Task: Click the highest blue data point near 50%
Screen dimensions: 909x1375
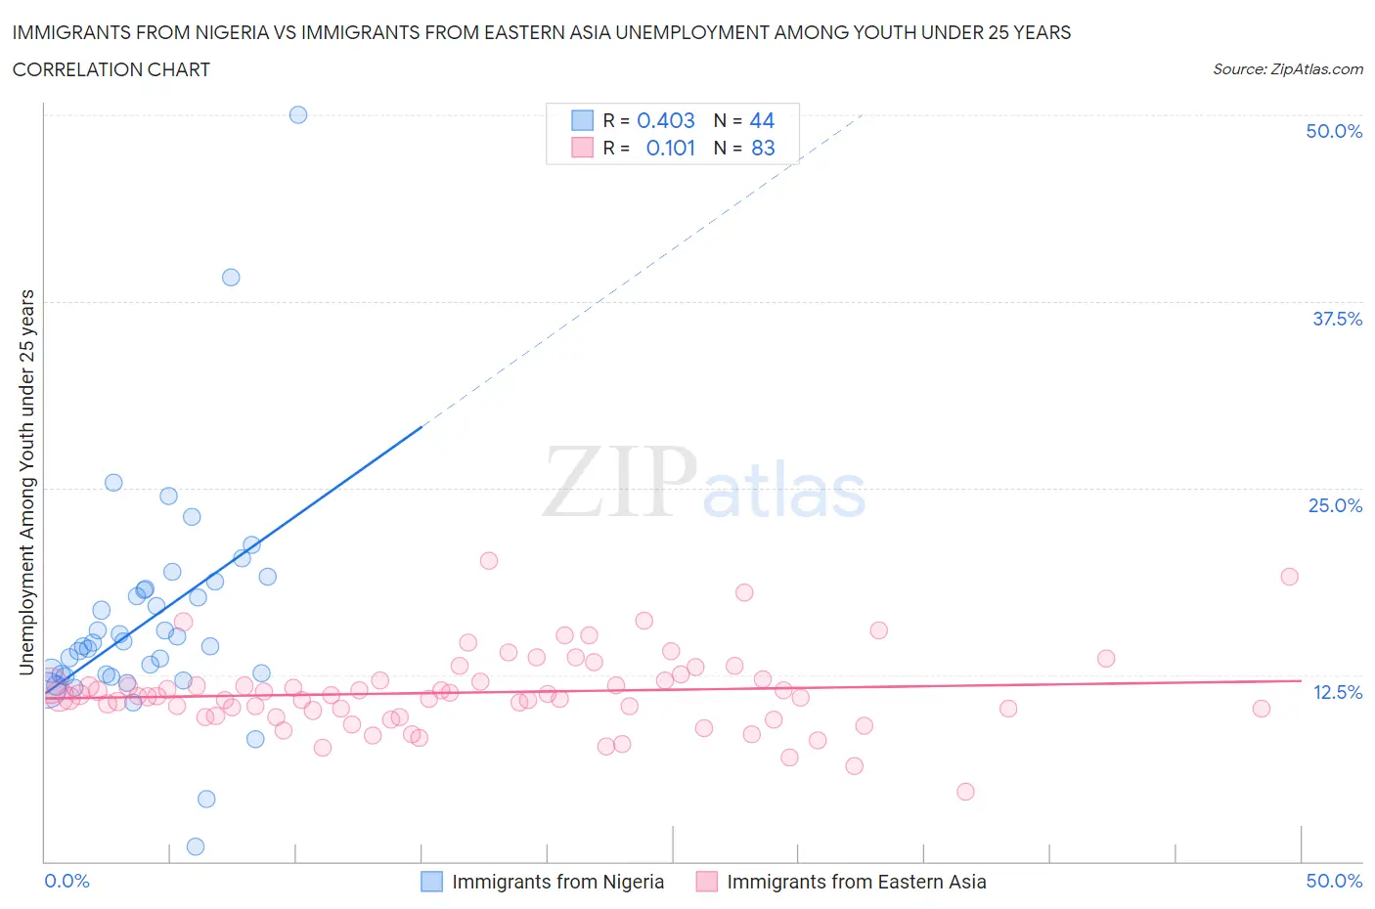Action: click(x=298, y=114)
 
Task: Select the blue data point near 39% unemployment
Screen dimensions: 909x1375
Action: click(x=231, y=278)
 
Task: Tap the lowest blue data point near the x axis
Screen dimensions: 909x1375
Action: click(x=196, y=846)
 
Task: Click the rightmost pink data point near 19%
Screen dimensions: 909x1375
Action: click(x=1289, y=577)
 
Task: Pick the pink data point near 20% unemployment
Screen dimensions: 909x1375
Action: click(x=489, y=561)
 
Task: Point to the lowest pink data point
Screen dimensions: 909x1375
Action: click(x=965, y=792)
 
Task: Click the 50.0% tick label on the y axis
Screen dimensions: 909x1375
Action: click(x=1334, y=131)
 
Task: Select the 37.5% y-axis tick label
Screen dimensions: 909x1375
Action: click(x=1337, y=319)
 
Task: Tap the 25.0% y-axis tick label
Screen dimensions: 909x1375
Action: click(x=1335, y=505)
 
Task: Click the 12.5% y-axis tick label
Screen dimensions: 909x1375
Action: click(x=1337, y=692)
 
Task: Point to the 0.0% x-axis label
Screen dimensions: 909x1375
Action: click(x=67, y=881)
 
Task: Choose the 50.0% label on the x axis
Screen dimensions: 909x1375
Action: click(x=1334, y=881)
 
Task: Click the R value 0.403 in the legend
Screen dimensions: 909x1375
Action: click(x=665, y=120)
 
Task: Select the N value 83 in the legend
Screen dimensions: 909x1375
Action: click(x=763, y=148)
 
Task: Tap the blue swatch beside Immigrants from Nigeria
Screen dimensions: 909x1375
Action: click(x=431, y=882)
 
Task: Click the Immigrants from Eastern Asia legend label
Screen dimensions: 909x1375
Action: click(x=856, y=882)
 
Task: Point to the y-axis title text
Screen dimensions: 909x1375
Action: click(x=27, y=482)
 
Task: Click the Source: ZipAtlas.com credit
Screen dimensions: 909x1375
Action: click(x=1287, y=68)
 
